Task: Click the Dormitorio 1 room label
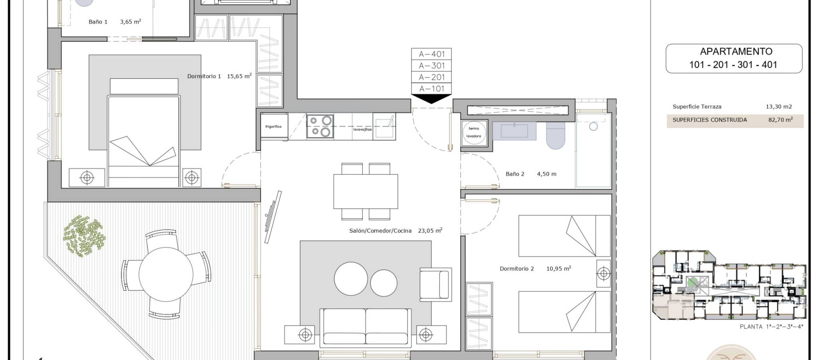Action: point(204,76)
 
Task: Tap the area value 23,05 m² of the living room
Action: point(430,230)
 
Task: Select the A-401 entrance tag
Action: point(431,54)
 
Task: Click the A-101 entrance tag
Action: point(431,89)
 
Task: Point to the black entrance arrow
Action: point(431,99)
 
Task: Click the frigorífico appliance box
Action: point(274,127)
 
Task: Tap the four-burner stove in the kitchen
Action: point(320,126)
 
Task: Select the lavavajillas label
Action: point(362,130)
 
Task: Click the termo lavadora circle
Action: point(474,132)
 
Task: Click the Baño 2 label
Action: point(515,174)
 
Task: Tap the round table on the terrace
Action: point(166,274)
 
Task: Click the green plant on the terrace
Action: point(84,236)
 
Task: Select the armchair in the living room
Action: point(435,284)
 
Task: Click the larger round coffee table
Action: point(351,279)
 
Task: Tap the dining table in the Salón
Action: point(366,192)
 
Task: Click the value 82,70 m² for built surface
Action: point(780,120)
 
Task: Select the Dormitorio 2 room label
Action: point(517,269)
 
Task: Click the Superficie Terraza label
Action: point(697,107)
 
